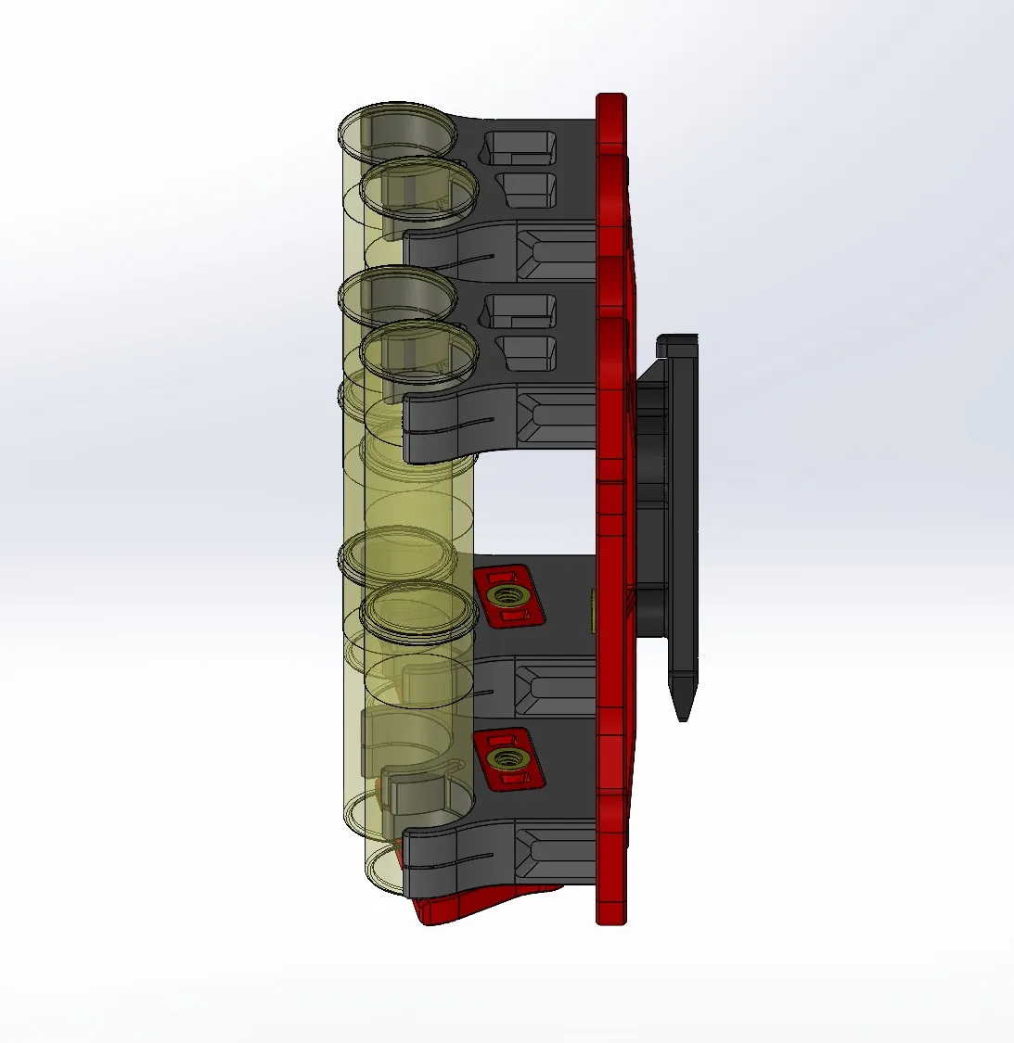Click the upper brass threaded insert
(x=507, y=593)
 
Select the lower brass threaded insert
(x=506, y=759)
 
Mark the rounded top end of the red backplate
(x=610, y=102)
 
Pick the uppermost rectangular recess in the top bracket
(x=522, y=146)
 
